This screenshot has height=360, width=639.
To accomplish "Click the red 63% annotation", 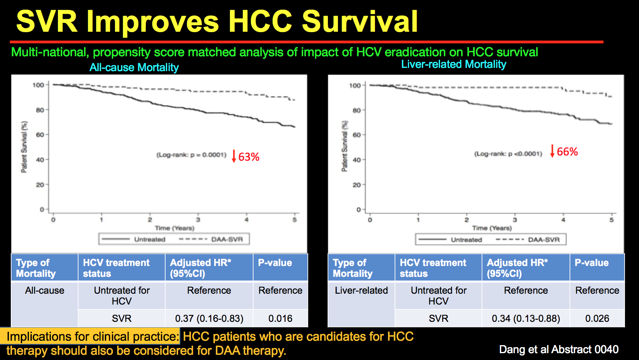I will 249,157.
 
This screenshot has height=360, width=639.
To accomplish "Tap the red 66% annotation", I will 567,152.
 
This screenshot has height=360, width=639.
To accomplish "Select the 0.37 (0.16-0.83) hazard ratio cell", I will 209,319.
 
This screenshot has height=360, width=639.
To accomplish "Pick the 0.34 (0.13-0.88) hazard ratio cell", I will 526,319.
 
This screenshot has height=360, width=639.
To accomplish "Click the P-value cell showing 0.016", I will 280,319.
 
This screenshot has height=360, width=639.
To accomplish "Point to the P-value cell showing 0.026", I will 597,319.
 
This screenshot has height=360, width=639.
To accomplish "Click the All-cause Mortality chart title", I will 134,67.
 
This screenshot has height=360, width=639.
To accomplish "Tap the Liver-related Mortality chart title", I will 453,64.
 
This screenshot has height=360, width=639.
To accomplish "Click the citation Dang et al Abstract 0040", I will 559,350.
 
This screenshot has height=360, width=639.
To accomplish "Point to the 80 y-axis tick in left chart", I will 40,110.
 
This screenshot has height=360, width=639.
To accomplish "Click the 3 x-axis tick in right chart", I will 515,220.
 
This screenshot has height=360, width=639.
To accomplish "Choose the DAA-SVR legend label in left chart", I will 227,239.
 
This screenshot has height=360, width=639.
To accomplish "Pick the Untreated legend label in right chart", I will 466,240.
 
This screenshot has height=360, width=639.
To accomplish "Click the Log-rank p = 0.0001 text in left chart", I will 191,155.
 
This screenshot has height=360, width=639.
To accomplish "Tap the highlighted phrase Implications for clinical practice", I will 92,336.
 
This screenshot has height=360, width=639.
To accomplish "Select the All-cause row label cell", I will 45,290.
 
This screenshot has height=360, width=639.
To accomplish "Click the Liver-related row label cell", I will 361,290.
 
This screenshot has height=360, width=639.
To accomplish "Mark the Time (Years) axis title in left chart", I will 174,228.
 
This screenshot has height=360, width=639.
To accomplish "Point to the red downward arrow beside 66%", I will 552,151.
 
